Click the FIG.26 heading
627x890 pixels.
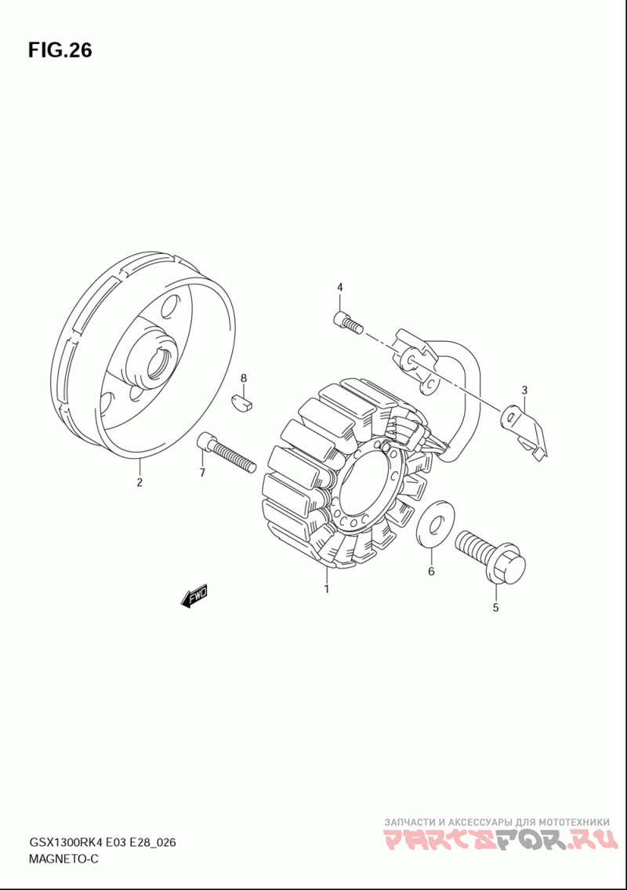point(60,50)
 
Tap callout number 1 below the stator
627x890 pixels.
point(327,589)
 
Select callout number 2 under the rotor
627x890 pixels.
point(140,482)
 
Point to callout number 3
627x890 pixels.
point(524,390)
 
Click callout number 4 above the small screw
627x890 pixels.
point(340,287)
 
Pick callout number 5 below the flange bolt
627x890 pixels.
point(495,608)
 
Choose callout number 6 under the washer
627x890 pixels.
point(431,571)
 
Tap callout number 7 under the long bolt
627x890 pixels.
point(202,472)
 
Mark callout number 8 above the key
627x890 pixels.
point(244,378)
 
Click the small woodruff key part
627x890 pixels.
point(244,402)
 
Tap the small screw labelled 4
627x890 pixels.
point(348,322)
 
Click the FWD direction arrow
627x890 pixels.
point(194,597)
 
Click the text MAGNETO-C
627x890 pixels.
point(63,859)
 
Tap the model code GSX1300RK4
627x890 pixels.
point(64,842)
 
